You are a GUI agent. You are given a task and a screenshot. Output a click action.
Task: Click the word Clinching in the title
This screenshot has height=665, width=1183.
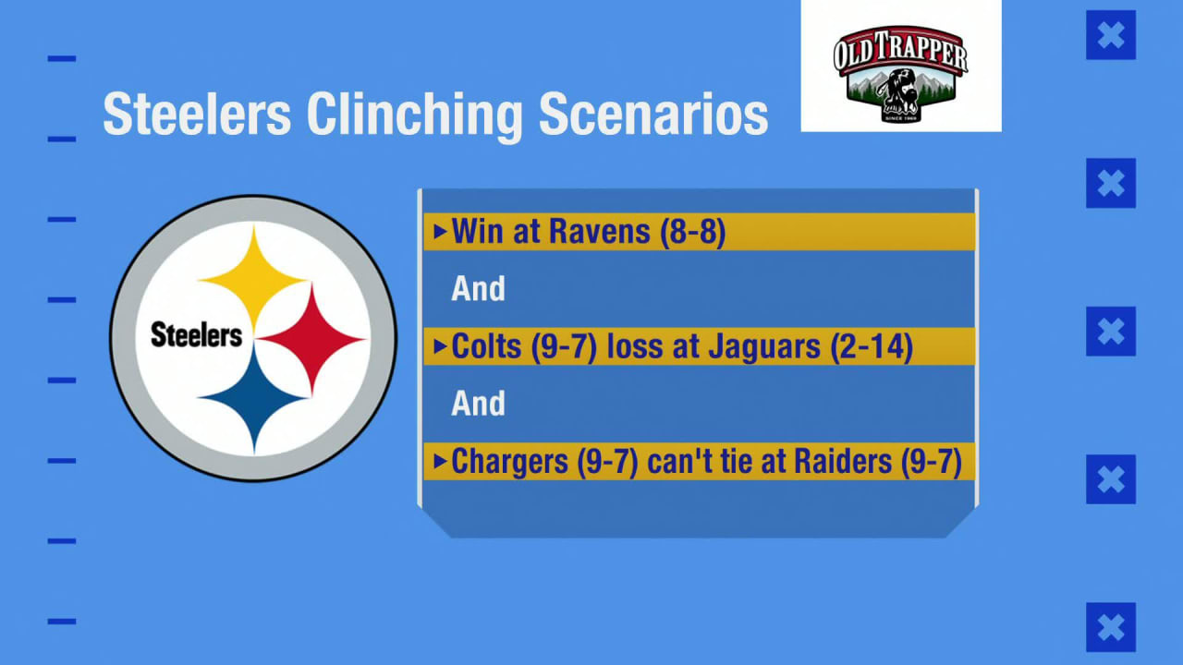(414, 115)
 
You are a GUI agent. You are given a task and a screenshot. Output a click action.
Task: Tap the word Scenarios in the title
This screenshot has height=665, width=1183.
(653, 114)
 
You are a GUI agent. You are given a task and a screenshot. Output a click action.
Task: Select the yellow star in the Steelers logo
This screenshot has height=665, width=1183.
(254, 278)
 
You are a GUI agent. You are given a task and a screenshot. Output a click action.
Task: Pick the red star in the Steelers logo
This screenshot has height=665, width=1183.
(311, 338)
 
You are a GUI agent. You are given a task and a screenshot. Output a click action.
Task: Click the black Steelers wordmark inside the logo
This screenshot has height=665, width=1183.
(196, 335)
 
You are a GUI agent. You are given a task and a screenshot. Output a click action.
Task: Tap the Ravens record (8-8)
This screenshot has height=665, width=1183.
(693, 232)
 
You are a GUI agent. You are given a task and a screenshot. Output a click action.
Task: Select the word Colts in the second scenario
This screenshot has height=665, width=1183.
(486, 346)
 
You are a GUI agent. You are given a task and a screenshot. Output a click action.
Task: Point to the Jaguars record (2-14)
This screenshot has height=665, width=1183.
(872, 346)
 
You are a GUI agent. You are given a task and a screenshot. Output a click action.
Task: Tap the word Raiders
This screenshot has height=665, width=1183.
(843, 462)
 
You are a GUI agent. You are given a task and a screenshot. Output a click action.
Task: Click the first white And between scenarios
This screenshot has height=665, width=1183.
(478, 289)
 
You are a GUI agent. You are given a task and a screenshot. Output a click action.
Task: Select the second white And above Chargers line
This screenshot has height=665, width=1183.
(478, 404)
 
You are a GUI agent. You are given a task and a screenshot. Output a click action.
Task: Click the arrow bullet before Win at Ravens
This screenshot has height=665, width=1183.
(439, 232)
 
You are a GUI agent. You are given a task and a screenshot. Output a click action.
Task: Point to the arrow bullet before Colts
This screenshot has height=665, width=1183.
(439, 346)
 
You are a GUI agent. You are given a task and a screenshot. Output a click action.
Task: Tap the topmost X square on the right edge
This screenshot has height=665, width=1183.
(1111, 35)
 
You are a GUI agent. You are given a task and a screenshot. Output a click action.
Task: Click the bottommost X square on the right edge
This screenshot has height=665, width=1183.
(1111, 627)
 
